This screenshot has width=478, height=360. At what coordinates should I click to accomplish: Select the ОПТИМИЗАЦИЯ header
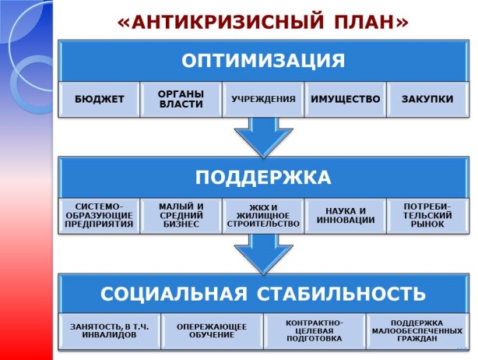click(262, 61)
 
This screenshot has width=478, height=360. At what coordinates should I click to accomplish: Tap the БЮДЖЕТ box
click(100, 100)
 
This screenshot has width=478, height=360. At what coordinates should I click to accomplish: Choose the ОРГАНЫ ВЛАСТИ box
click(181, 100)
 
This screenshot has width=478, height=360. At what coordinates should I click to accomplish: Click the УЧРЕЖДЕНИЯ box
click(262, 100)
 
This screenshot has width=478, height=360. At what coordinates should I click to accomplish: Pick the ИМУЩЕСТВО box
click(344, 100)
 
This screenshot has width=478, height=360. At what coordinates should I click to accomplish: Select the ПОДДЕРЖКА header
click(262, 177)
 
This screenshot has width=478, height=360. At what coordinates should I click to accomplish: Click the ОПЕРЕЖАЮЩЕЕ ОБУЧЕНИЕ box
click(211, 330)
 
